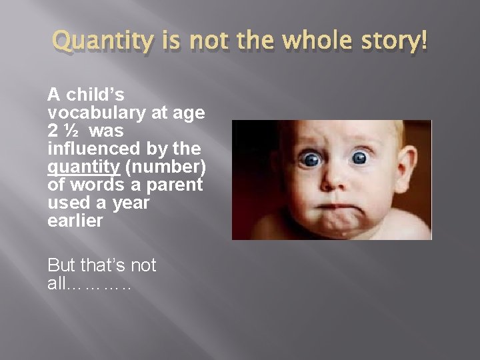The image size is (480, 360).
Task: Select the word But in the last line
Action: click(x=62, y=265)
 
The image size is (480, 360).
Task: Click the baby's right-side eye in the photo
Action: click(x=360, y=157)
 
